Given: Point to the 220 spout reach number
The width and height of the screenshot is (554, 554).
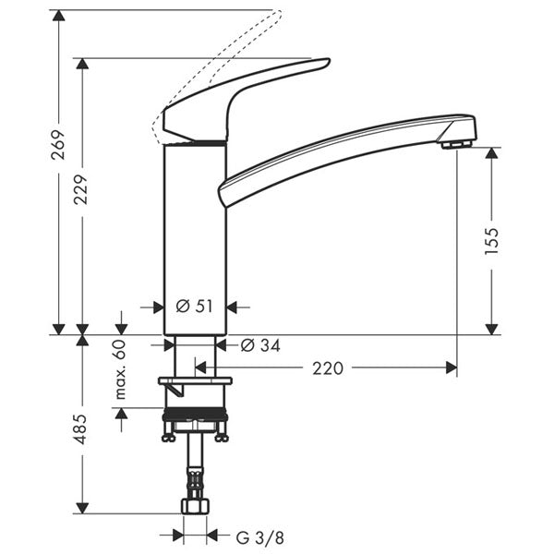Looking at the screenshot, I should point(327,368).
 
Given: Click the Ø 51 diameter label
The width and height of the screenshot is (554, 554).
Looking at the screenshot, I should point(195,307).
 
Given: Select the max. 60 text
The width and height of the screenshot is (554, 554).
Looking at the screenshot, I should point(120,369).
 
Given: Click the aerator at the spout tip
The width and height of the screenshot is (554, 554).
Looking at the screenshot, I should point(454,144).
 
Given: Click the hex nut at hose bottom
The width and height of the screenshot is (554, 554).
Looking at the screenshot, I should point(195,507).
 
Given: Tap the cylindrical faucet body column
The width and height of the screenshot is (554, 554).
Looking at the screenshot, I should point(195,240).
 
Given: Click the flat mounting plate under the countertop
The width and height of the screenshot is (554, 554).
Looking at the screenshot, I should point(195,379).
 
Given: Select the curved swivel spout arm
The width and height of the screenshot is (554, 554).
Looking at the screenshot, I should point(342,152).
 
